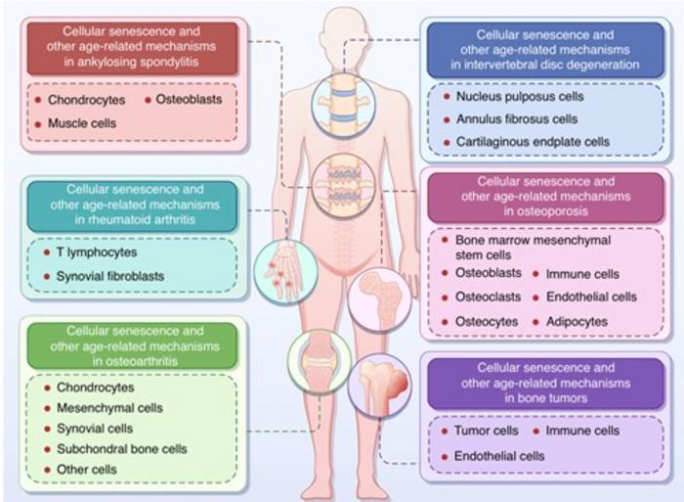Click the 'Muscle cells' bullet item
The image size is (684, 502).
pos(82,124)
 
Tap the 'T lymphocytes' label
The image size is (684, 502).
pos(96,252)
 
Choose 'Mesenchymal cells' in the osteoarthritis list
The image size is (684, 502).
pos(108,408)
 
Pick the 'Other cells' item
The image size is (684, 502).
pos(86,470)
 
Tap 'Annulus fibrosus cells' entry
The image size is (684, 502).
pos(517,119)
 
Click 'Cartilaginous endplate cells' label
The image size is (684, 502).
pos(532,142)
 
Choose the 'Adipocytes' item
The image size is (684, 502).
pos(576,321)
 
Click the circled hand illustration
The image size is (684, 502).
pos(285,270)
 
